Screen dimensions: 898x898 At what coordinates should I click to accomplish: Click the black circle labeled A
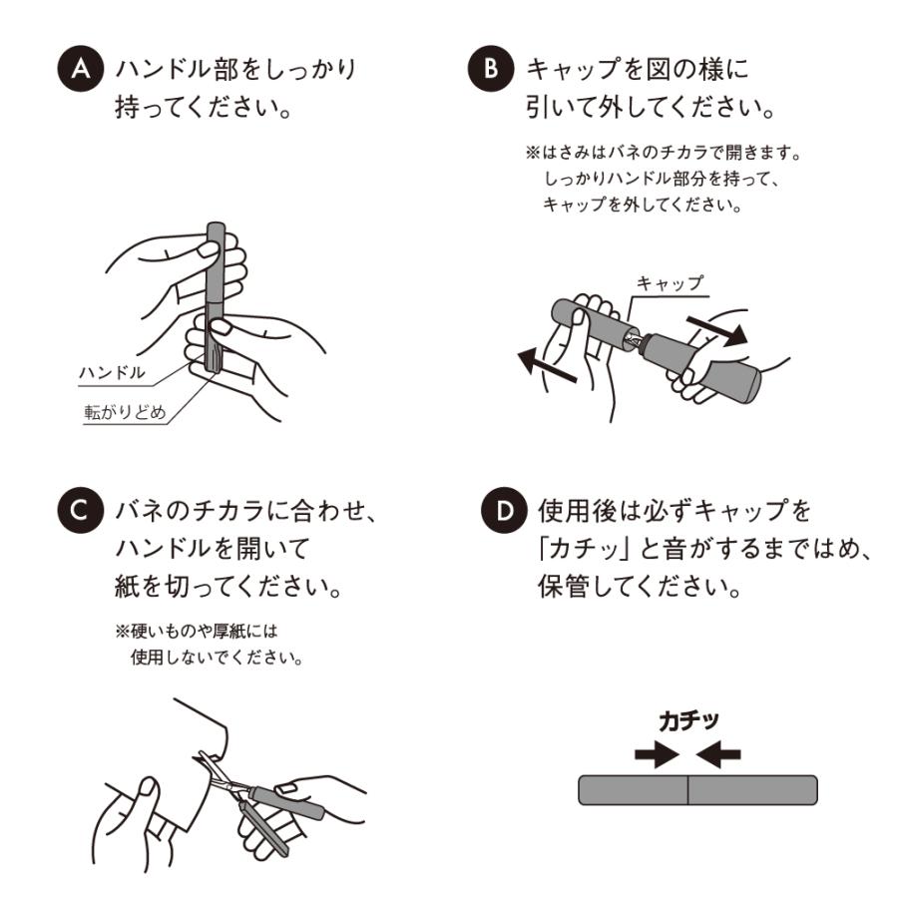tap(80, 69)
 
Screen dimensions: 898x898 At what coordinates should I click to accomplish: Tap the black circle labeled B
tap(491, 69)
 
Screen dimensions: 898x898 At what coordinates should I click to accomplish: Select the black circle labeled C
tap(80, 510)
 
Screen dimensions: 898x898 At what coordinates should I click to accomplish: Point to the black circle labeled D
tap(504, 510)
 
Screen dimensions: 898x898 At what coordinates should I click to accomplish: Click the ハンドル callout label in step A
tap(112, 373)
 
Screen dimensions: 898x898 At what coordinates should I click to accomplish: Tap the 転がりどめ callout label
tap(126, 412)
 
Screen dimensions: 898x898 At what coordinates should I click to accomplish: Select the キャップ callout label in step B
tap(670, 283)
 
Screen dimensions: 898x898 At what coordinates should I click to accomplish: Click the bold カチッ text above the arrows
tap(688, 721)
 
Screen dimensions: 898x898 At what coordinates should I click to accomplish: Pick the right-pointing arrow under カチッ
tap(657, 754)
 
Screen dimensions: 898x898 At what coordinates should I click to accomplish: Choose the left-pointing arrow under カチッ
tap(718, 754)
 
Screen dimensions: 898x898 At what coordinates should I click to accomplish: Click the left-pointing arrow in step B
tap(547, 365)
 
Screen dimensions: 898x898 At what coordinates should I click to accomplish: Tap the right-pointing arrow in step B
tap(717, 331)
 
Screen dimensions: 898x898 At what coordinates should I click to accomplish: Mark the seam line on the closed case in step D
tap(687, 790)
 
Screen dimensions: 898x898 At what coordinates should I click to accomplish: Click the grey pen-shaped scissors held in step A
tap(215, 297)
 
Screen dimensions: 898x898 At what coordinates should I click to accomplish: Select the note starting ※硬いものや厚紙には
tap(210, 645)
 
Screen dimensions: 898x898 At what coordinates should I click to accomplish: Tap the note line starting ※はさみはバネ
tap(664, 153)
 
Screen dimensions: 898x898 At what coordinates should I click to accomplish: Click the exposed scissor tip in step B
tap(635, 340)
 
